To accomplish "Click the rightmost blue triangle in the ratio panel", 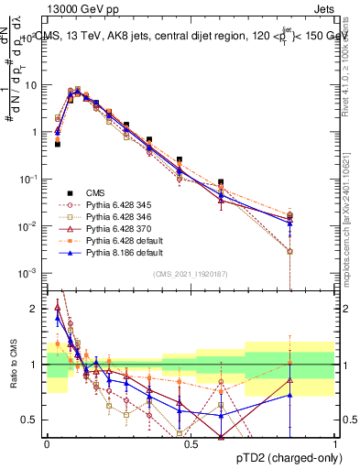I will (289, 396).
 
